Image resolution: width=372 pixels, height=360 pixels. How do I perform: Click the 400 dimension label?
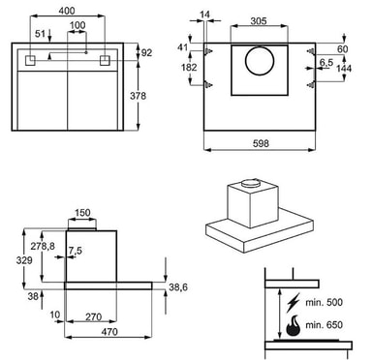[x=67, y=11]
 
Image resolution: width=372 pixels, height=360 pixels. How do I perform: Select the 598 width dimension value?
[x=261, y=143]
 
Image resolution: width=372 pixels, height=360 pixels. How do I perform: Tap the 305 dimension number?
[x=259, y=21]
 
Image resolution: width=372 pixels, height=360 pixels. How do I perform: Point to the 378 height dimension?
[x=138, y=96]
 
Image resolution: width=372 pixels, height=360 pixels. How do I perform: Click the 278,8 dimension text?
[x=43, y=246]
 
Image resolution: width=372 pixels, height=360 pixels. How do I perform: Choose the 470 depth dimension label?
[x=109, y=331]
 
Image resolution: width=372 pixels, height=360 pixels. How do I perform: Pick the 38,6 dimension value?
[x=178, y=286]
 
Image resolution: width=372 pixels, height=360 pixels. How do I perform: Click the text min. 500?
[x=324, y=302]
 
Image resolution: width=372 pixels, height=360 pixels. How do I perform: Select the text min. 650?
[x=324, y=324]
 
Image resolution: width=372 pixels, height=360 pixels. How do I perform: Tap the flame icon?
[x=293, y=326]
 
